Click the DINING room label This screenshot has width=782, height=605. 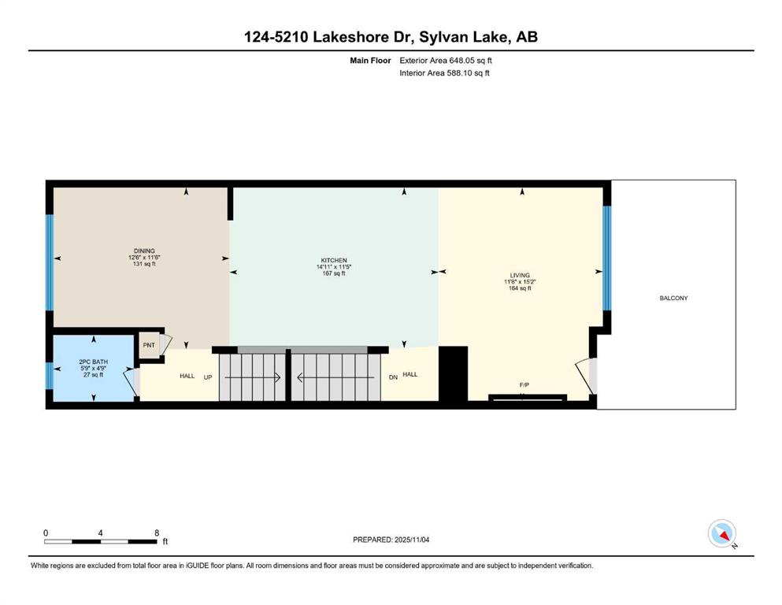144,251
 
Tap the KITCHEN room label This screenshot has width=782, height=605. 334,260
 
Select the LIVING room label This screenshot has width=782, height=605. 520,275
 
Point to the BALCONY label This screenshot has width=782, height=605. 673,299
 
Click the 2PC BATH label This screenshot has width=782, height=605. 93,362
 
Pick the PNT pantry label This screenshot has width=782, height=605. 149,345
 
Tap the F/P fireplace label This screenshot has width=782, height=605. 524,385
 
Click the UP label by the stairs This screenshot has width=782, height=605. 208,377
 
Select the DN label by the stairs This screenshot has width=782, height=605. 393,377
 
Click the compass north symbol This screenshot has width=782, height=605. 722,533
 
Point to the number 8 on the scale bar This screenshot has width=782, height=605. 157,533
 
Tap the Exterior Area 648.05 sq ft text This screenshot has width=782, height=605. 446,61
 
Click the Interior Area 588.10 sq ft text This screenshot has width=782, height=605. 444,72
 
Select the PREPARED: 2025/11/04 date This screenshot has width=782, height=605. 391,540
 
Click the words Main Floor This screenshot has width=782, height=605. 370,61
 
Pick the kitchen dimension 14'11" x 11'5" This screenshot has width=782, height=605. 334,267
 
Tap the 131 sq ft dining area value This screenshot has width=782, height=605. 144,264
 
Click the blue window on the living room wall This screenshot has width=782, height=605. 606,258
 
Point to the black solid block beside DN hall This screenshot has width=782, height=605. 453,373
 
